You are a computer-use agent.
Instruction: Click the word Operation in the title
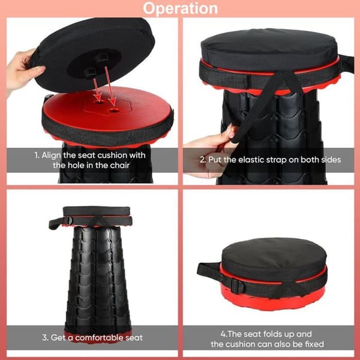pos(180,9)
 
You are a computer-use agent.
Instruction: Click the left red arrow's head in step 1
pos(98,98)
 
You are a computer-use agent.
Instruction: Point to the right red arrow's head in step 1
pos(113,101)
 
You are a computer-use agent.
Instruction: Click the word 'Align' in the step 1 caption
pos(51,155)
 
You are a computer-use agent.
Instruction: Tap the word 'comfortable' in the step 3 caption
pos(99,337)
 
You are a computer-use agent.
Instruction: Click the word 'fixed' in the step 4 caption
pos(314,344)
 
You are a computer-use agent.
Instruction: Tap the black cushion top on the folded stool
pos(274,258)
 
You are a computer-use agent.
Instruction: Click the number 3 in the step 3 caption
pos(44,337)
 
